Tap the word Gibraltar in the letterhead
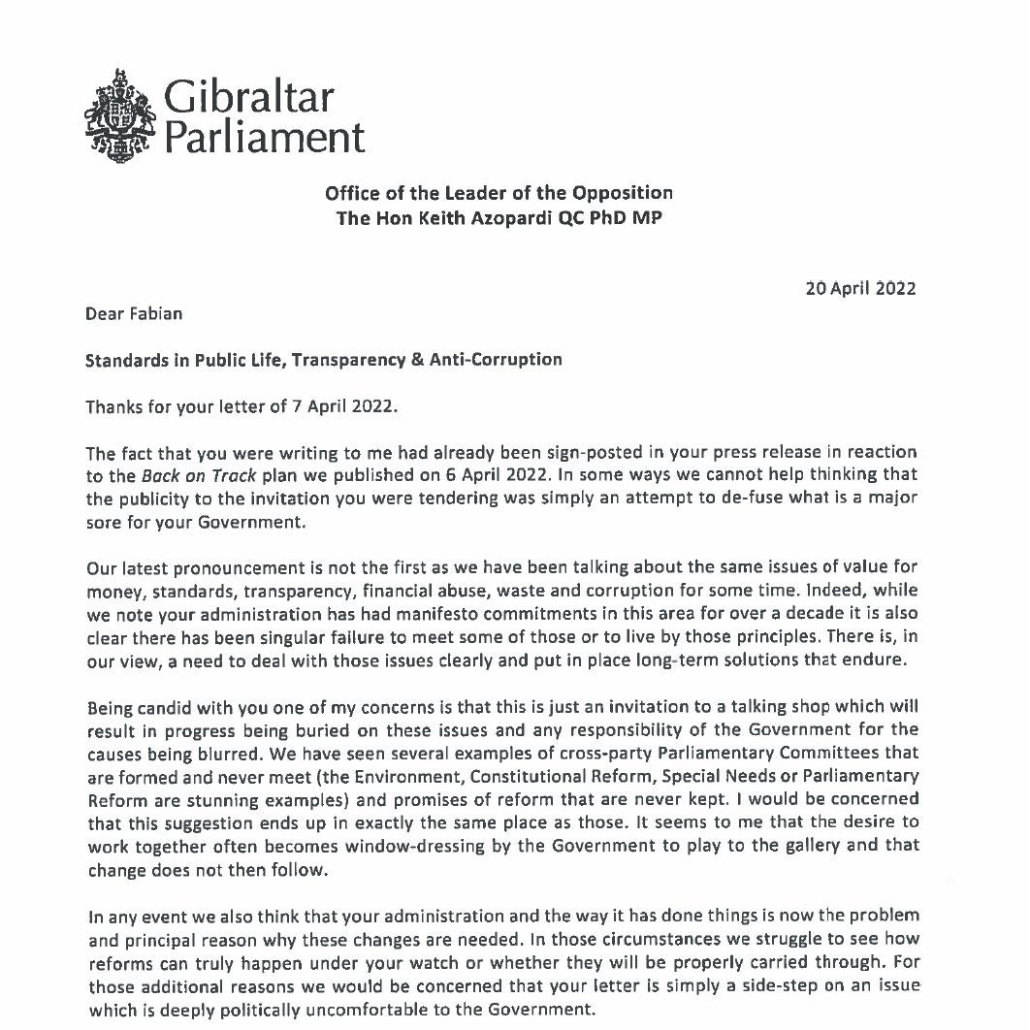[247, 97]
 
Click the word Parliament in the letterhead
[262, 137]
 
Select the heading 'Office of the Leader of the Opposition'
[499, 192]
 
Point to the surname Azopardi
[506, 218]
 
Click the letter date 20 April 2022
[860, 288]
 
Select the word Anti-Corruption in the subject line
[503, 360]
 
